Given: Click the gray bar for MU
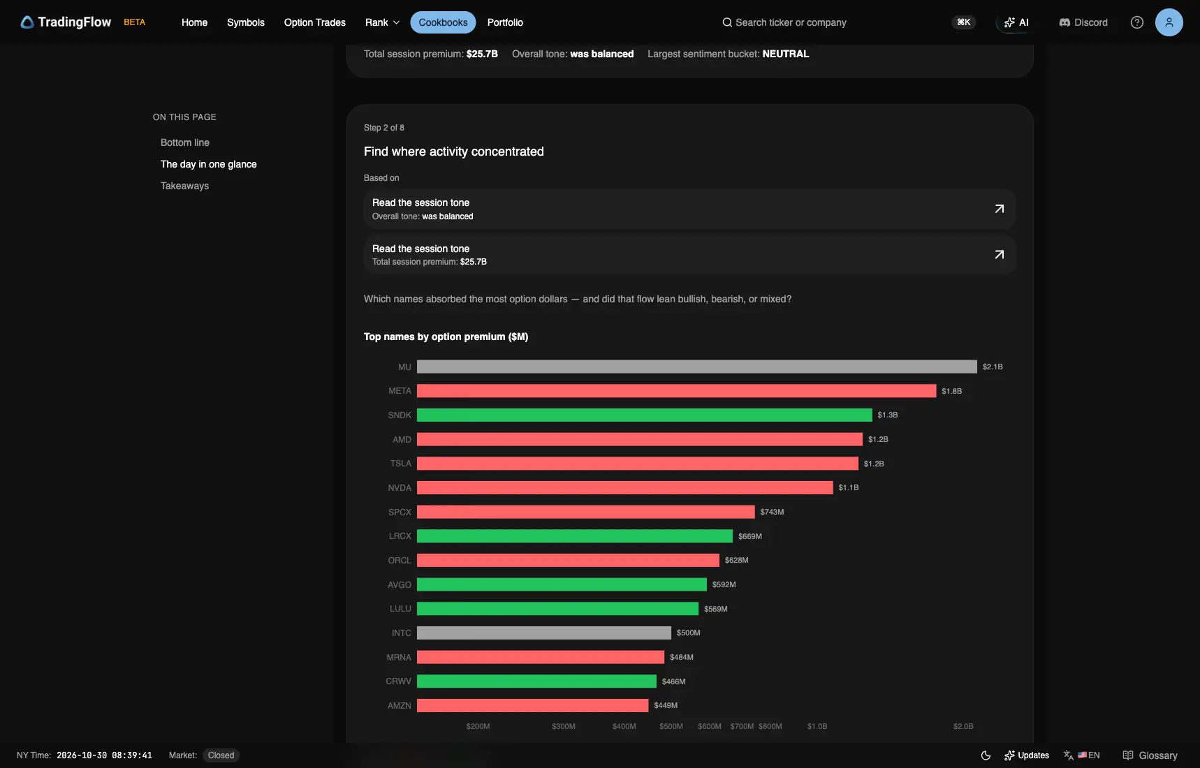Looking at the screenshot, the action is point(696,367).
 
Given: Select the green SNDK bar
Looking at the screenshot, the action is point(644,415).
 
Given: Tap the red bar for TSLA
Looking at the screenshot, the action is point(637,464).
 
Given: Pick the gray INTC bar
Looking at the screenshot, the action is point(543,633).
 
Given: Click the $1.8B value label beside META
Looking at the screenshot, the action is point(951,391).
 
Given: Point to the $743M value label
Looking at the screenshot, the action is point(772,512).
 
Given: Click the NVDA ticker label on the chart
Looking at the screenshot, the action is point(400,488).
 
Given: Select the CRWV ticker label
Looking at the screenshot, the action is point(398,681).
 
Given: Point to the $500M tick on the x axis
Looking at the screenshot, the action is point(671,727).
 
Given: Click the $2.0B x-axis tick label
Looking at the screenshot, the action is point(963,727).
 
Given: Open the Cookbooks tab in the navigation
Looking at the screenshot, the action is point(443,22).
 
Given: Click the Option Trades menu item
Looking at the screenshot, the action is point(315,22).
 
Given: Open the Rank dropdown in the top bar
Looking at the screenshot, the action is point(382,22).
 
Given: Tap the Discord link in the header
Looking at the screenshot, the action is point(1083,22).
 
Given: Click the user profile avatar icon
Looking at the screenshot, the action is point(1169,22).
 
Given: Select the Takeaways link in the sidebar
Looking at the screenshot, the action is point(184,186).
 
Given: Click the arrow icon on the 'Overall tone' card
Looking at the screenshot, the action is point(999,209).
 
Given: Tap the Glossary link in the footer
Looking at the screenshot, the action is point(1150,755).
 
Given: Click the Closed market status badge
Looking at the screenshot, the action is point(221,755).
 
